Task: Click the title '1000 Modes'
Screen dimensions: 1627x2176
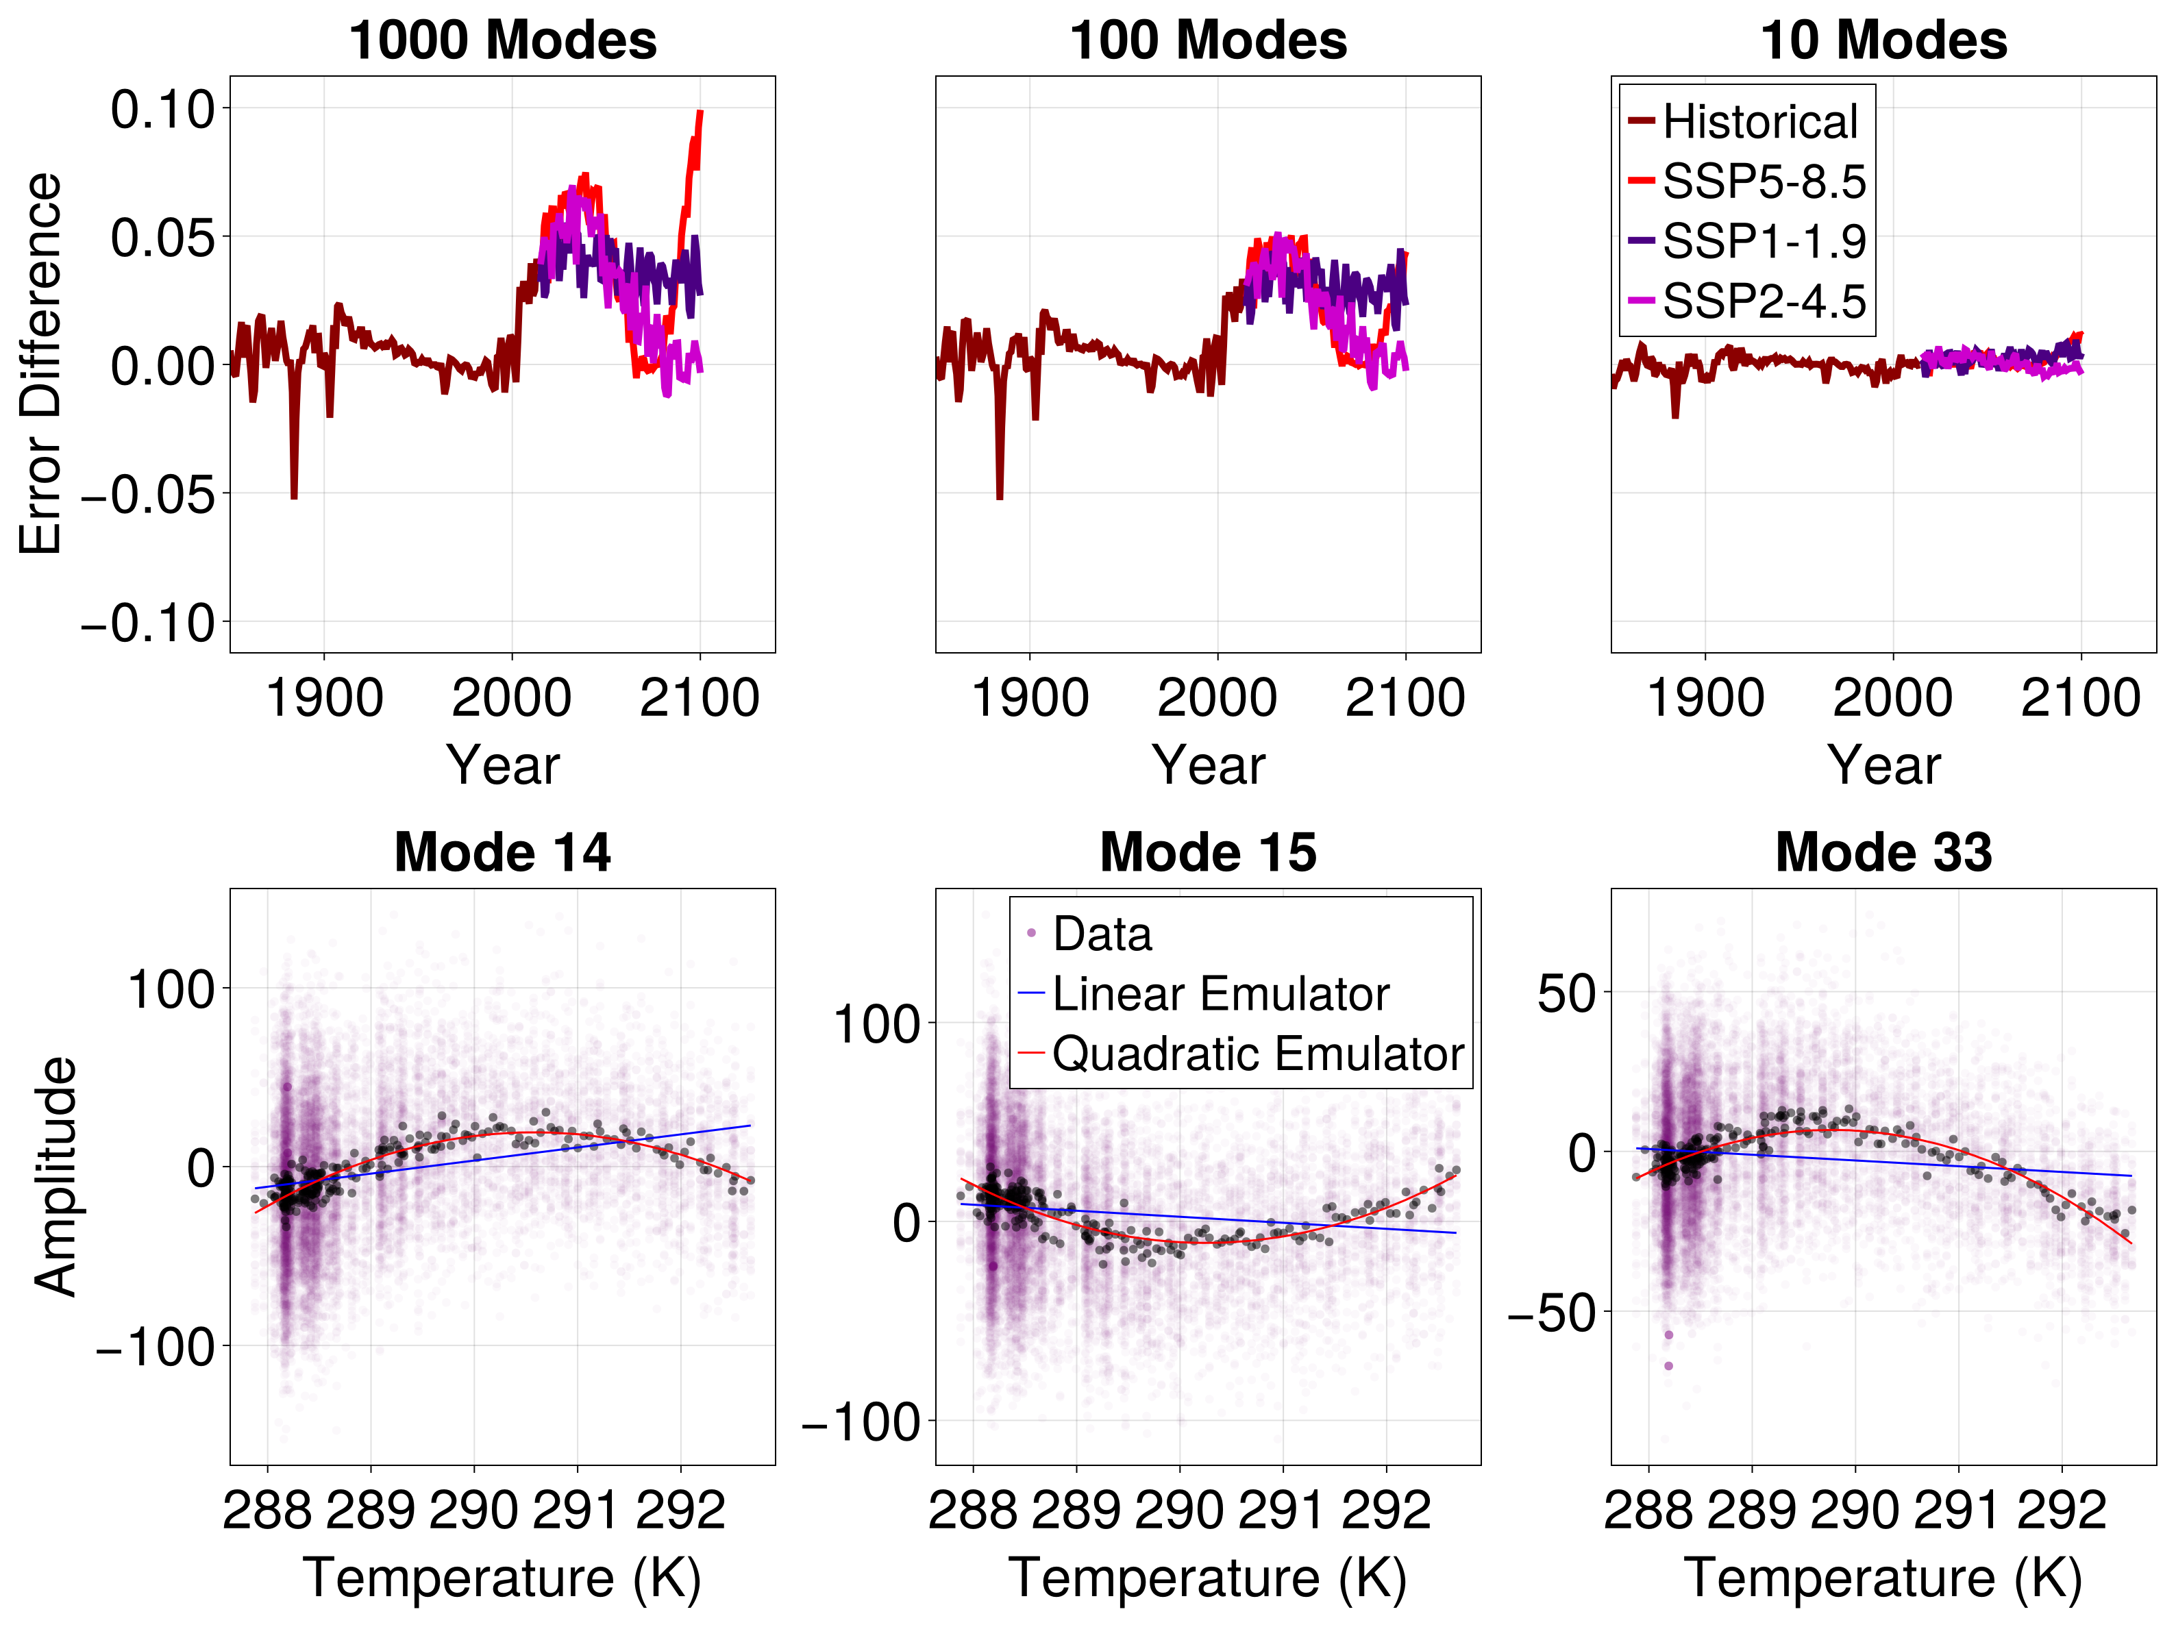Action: (503, 40)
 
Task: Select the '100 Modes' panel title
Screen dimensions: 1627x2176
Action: (1208, 40)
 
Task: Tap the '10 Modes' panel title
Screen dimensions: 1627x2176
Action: (1883, 40)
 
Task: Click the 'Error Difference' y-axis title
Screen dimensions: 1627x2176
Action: (41, 364)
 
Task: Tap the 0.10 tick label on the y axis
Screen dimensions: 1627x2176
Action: (162, 108)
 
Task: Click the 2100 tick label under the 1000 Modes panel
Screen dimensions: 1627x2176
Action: (700, 698)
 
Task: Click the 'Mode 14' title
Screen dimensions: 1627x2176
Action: (503, 852)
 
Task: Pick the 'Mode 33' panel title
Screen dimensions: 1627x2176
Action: (1883, 852)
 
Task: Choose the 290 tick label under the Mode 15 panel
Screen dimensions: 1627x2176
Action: (1180, 1510)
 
